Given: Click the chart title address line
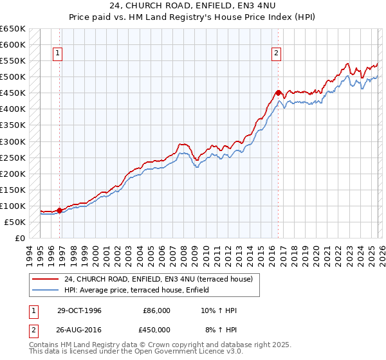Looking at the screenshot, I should tap(193, 6).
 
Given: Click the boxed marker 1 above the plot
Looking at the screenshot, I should tap(59, 54).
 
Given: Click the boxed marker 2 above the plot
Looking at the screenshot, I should tap(277, 54).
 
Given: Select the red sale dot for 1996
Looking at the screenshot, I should tap(59, 210).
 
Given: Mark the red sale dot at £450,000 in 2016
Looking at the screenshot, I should tap(278, 93).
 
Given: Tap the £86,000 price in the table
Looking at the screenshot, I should tap(156, 310).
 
